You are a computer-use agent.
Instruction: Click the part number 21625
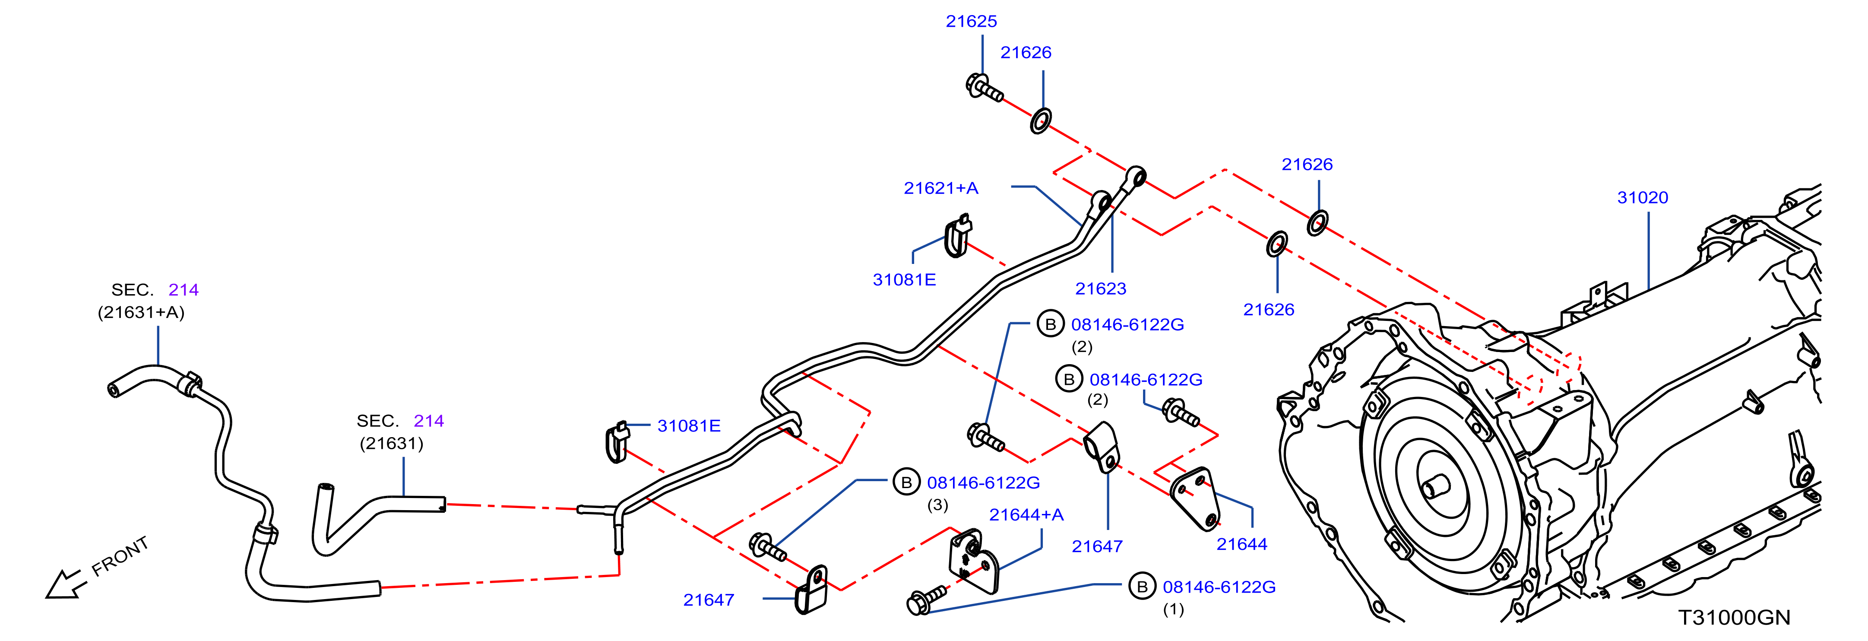tap(971, 22)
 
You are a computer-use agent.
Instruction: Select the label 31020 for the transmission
tap(1643, 198)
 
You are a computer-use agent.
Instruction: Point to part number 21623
tap(1101, 289)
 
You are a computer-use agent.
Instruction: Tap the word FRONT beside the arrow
tap(120, 556)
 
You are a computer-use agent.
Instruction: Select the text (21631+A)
tap(141, 313)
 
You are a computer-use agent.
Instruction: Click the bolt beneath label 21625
tap(984, 88)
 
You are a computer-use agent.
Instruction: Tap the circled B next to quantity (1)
tap(1142, 587)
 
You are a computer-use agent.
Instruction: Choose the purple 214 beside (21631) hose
tap(428, 421)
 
